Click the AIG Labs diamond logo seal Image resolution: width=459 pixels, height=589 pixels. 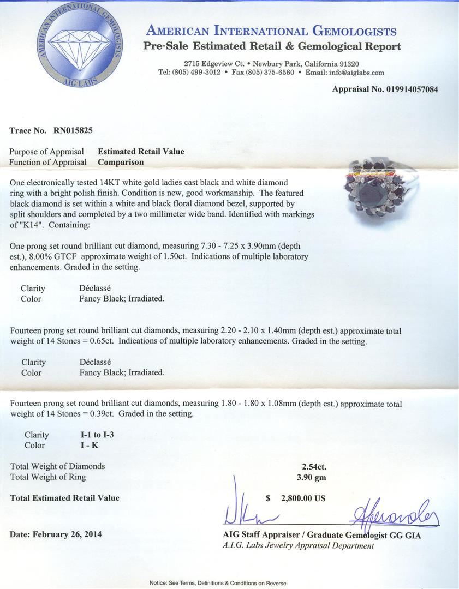[x=80, y=45]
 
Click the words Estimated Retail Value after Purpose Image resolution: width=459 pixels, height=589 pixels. [x=141, y=152]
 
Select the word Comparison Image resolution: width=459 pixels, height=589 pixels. [x=121, y=162]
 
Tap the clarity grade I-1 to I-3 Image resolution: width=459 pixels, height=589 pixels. [x=97, y=435]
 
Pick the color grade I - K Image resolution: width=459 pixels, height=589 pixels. [x=90, y=446]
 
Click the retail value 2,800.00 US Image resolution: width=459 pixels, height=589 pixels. [x=303, y=498]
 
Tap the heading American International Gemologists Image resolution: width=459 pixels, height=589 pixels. [x=271, y=31]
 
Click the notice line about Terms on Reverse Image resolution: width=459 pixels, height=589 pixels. [x=218, y=583]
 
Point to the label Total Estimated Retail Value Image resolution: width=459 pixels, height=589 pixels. [x=64, y=498]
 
